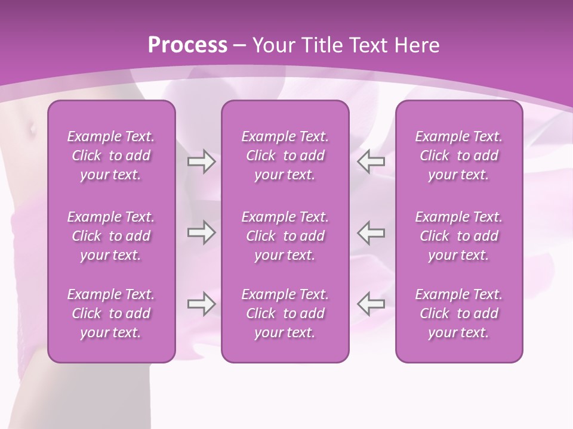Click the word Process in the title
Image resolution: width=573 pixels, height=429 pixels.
(x=187, y=45)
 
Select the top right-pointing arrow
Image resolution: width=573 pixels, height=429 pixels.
(x=201, y=161)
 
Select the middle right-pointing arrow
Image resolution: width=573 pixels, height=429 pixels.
(x=201, y=232)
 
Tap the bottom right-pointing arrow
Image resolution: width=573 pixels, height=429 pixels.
(x=201, y=304)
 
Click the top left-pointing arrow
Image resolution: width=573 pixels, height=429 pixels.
(x=371, y=161)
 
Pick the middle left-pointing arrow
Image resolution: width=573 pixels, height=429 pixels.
(x=371, y=232)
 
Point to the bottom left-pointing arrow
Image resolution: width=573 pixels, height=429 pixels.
(x=371, y=304)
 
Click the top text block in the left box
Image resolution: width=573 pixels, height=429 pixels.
(x=111, y=156)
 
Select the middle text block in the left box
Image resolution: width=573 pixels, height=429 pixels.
(x=111, y=236)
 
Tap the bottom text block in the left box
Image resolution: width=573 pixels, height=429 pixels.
(x=111, y=313)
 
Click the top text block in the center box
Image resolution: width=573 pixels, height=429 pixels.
(x=285, y=156)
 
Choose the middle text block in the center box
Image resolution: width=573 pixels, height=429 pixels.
(x=285, y=236)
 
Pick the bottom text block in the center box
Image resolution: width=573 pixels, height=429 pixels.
(x=285, y=313)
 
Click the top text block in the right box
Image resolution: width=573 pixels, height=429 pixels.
(x=458, y=156)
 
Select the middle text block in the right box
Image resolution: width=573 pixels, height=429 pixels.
(x=458, y=236)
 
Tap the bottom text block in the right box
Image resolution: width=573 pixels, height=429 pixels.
(x=458, y=313)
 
